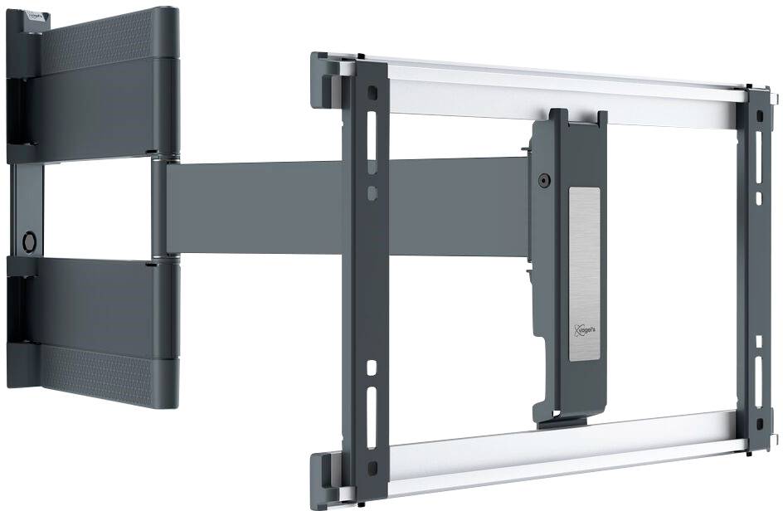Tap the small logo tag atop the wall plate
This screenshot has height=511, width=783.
click(34, 14)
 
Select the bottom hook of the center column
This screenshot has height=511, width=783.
click(547, 415)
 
